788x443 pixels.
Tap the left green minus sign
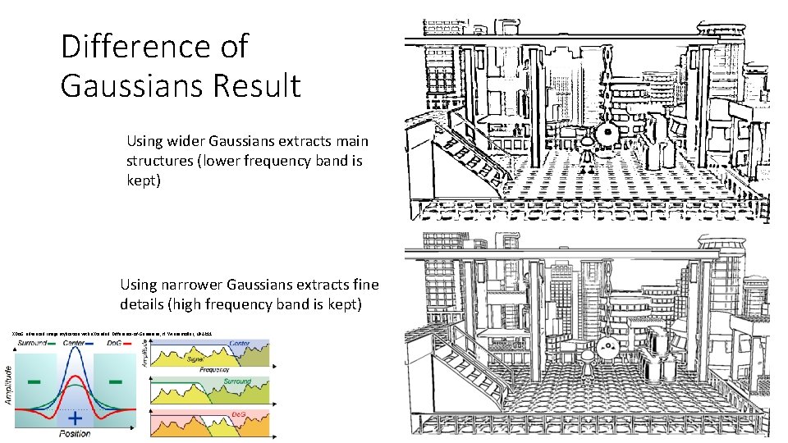click(x=35, y=382)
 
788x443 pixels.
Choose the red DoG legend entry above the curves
click(x=117, y=343)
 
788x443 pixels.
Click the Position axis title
click(x=75, y=433)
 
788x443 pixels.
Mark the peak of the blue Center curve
click(x=75, y=351)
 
